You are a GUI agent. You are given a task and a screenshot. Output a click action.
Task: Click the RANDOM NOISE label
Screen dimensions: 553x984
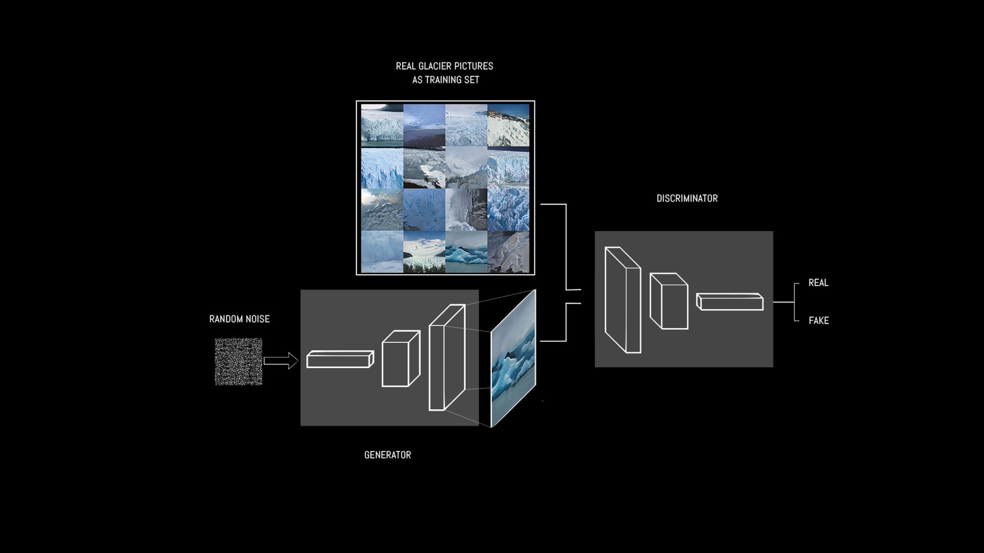tap(239, 319)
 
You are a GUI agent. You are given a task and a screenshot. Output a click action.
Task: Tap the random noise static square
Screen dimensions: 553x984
tap(238, 362)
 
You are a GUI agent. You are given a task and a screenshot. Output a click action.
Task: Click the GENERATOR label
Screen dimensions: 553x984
tap(387, 455)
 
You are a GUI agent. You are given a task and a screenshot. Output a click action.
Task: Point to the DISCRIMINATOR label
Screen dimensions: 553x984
tap(687, 198)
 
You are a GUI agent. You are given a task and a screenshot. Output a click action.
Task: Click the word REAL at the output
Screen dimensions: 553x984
tap(818, 283)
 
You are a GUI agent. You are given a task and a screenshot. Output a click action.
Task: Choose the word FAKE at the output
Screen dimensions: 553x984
tap(819, 320)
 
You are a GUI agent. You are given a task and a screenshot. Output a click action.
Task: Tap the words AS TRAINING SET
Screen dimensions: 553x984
tap(445, 80)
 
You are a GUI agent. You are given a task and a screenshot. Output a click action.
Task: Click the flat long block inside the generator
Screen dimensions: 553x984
tap(340, 360)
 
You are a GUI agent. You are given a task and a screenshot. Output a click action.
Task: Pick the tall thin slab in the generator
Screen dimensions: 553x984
tap(446, 357)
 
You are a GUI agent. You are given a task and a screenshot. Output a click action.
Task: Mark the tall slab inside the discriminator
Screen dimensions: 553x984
tap(623, 300)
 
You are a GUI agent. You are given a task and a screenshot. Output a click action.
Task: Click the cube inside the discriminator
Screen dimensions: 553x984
tap(669, 301)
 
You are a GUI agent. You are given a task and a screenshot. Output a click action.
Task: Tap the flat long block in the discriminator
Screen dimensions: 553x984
tap(730, 302)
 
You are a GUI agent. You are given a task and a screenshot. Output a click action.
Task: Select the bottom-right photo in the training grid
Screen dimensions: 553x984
tap(508, 252)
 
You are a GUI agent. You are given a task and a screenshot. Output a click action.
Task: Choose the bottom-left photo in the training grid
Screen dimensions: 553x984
tap(382, 252)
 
